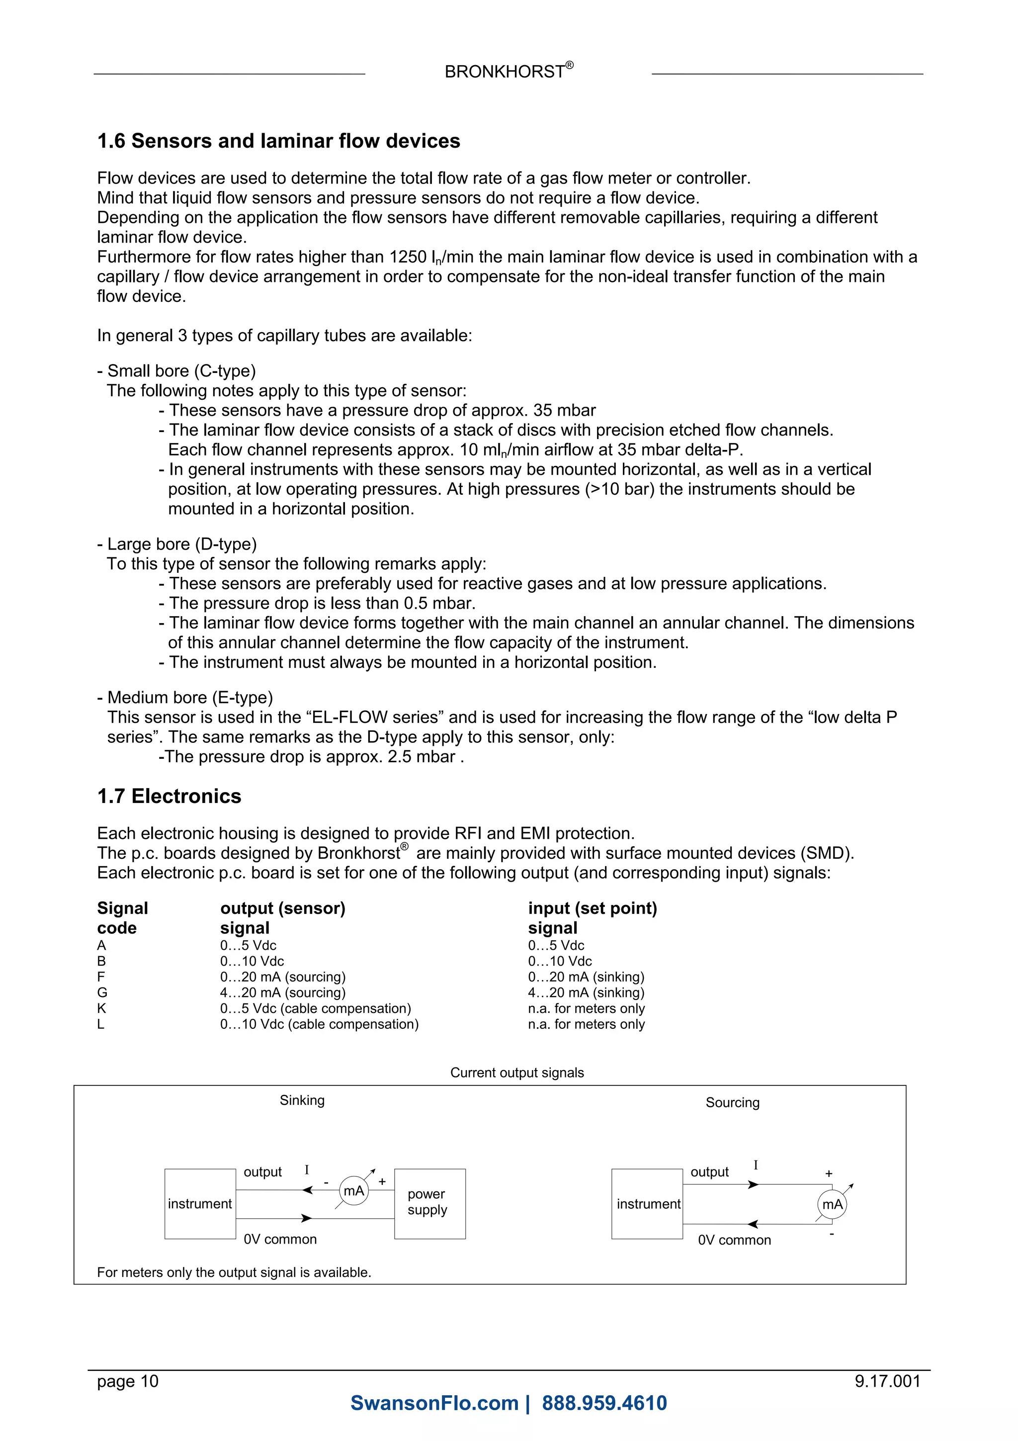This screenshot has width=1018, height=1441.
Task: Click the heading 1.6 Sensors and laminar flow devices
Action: (x=278, y=141)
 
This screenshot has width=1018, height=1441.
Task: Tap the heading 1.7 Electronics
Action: (x=170, y=796)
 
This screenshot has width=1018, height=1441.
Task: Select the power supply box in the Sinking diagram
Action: (x=429, y=1203)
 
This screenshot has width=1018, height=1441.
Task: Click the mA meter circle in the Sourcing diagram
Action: (x=832, y=1204)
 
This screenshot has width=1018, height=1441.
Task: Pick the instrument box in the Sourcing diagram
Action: (x=647, y=1204)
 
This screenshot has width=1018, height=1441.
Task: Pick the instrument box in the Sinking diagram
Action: (x=199, y=1204)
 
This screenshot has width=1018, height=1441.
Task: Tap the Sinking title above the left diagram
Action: (x=302, y=1100)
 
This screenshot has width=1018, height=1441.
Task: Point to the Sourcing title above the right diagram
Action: (x=732, y=1103)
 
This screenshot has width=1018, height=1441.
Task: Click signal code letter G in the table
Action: (x=102, y=992)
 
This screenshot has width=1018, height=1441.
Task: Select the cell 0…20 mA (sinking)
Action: (x=586, y=977)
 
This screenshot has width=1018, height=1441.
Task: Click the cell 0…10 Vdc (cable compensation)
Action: (x=319, y=1024)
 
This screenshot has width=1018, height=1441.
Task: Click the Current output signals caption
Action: (x=517, y=1073)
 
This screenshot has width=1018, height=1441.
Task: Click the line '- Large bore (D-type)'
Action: (x=177, y=543)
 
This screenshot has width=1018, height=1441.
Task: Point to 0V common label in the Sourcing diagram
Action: (x=734, y=1240)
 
